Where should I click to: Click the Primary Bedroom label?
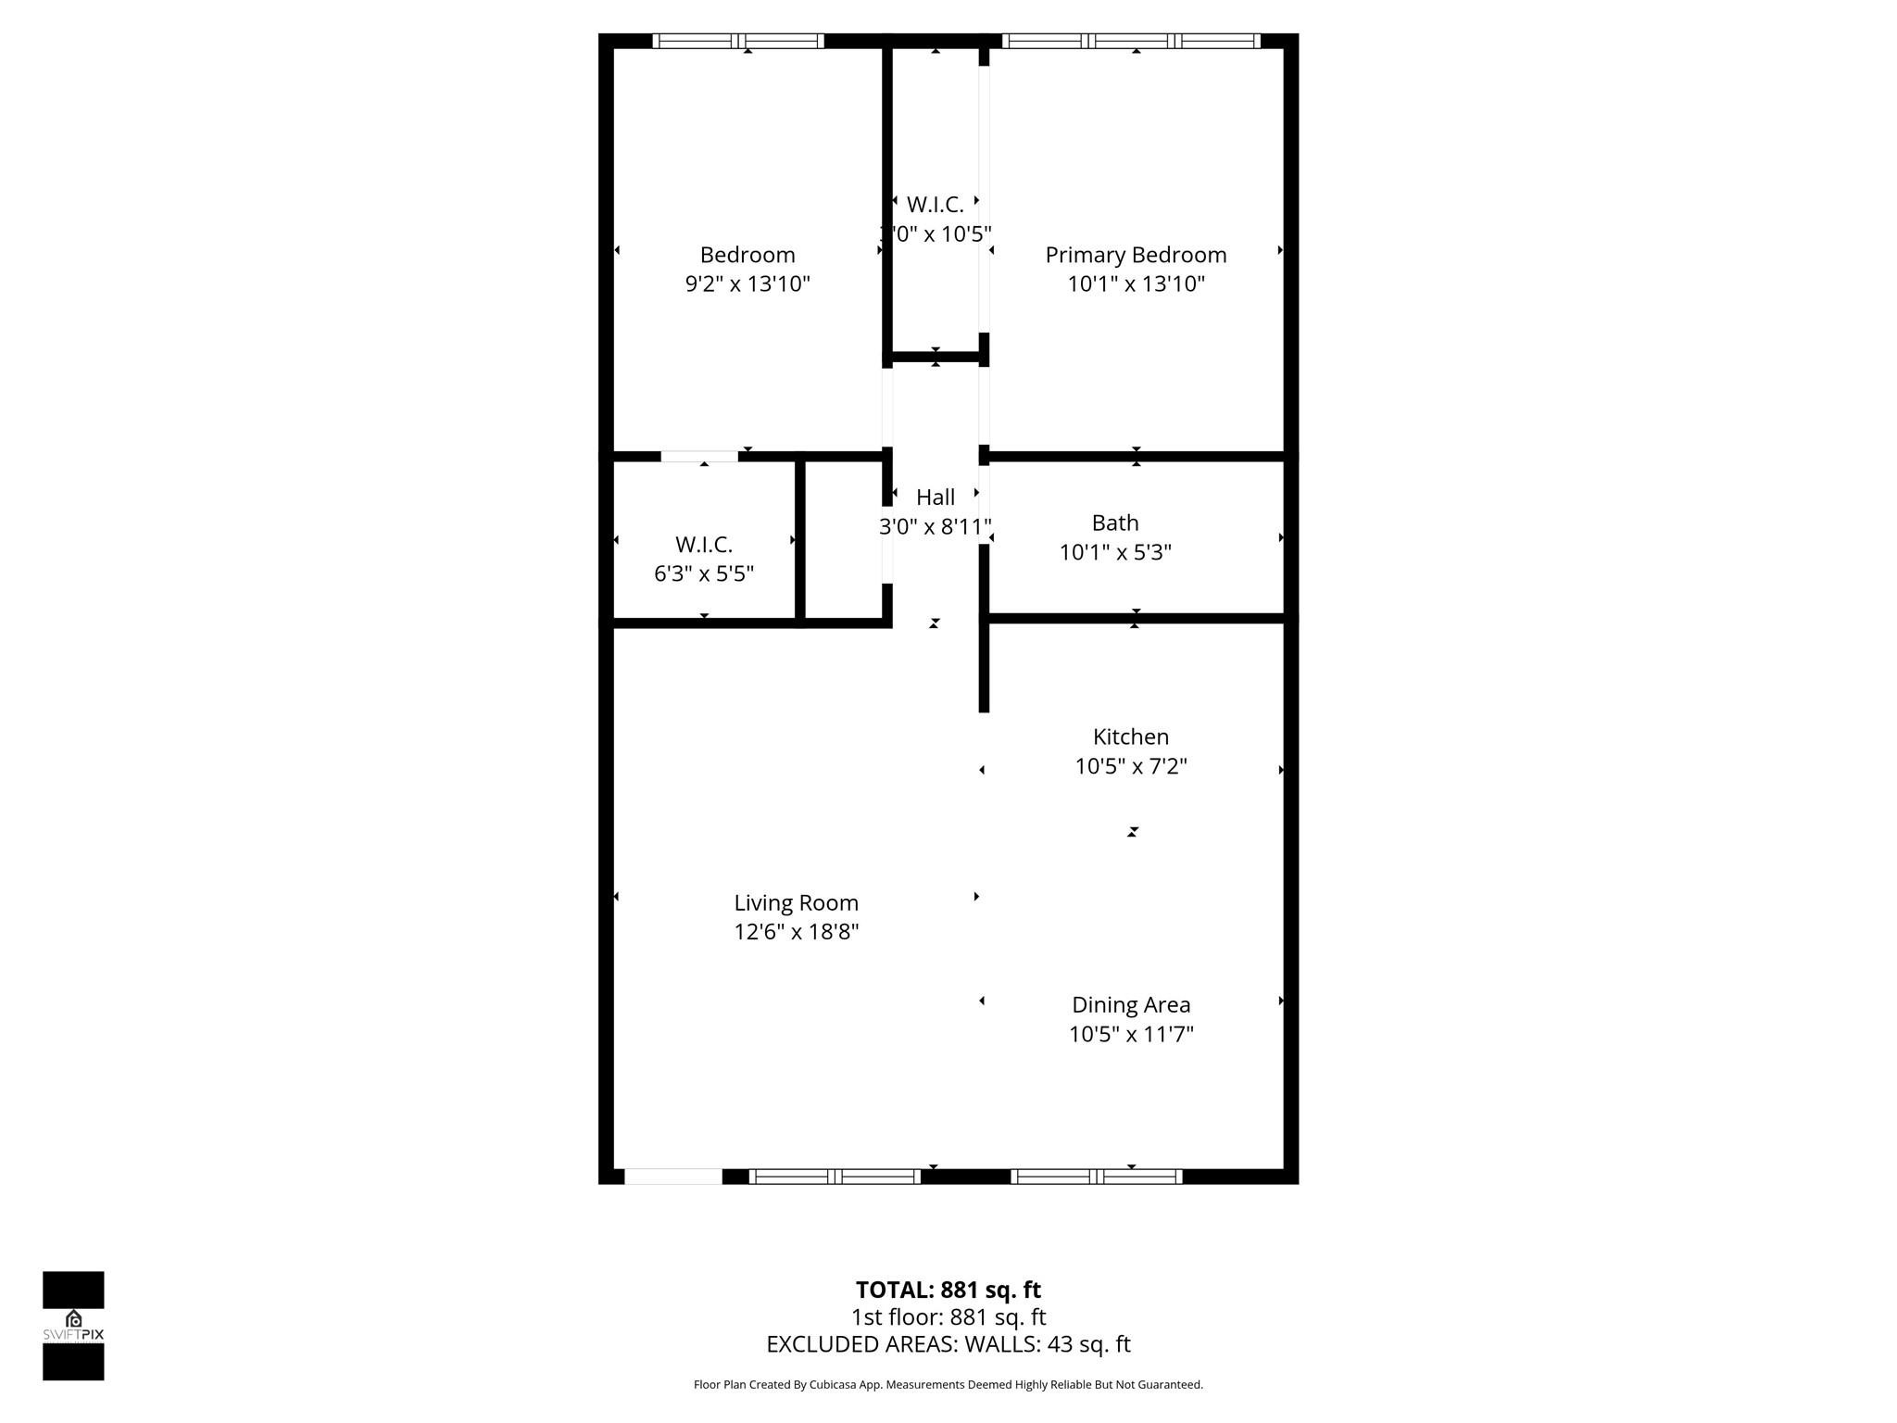coord(1136,255)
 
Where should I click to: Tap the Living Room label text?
coord(796,902)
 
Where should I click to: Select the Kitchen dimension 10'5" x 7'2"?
coord(1131,766)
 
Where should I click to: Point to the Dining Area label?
coord(1131,1004)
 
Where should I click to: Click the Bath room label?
coord(1115,523)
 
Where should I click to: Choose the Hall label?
coord(936,497)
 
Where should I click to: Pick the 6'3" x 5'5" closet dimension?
coord(704,573)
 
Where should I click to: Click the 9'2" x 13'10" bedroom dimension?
coord(747,283)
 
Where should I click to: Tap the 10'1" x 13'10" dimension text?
coord(1136,283)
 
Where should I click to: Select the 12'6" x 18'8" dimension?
coord(796,932)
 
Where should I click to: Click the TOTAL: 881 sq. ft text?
coord(948,1290)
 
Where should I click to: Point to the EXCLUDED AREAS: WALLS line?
coord(948,1344)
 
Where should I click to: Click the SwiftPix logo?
coord(73,1326)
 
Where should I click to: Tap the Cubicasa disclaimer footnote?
coord(948,1385)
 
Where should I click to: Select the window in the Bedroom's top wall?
coord(738,41)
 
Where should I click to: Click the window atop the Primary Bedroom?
coord(1131,41)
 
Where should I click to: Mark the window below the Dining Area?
coord(1097,1177)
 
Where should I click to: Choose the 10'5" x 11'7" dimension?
coord(1131,1034)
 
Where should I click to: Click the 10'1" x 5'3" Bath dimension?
coord(1115,552)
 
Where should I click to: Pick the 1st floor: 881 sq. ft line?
coord(948,1316)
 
